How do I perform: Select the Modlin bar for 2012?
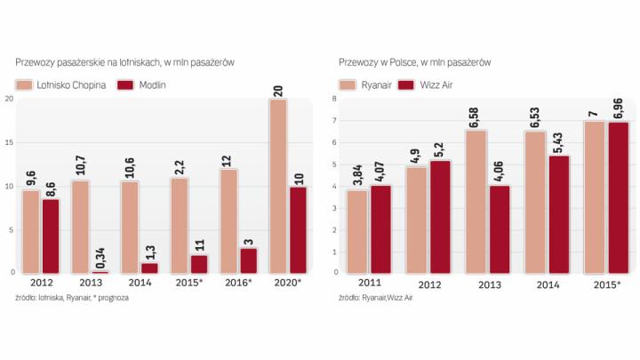(52, 236)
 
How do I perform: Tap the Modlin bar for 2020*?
(299, 228)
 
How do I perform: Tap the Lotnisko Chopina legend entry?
(61, 84)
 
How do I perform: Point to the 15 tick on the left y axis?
(9, 142)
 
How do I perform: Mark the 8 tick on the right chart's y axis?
(332, 98)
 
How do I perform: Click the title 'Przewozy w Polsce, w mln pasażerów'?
(415, 62)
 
